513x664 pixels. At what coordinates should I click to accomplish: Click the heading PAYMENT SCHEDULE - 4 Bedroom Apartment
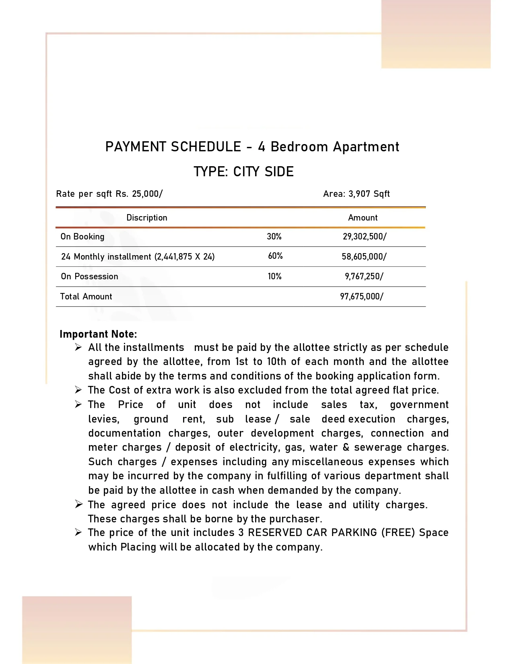point(252,147)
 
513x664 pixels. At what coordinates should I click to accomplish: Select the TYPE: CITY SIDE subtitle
point(243,172)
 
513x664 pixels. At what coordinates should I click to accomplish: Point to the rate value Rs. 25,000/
point(139,194)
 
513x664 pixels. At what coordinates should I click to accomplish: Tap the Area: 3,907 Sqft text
point(356,194)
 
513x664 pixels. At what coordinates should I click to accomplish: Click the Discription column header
point(147,218)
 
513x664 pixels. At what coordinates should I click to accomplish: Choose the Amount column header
point(363,218)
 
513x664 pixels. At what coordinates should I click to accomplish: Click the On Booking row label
point(82,237)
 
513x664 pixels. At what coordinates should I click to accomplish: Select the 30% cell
point(274,237)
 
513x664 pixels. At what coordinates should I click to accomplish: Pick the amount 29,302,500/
point(365,237)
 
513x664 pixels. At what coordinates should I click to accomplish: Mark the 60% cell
point(275,256)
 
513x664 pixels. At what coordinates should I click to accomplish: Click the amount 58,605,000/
point(364,257)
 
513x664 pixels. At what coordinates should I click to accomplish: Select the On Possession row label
point(89,276)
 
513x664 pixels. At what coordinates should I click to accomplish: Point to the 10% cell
point(274,276)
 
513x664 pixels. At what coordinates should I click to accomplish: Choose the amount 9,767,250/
point(364,276)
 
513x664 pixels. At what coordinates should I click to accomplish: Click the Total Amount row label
point(86,297)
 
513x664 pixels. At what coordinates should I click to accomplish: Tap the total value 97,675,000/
point(362,297)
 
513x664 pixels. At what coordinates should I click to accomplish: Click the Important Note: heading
point(98,334)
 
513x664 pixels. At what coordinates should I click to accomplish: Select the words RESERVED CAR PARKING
point(312,532)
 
